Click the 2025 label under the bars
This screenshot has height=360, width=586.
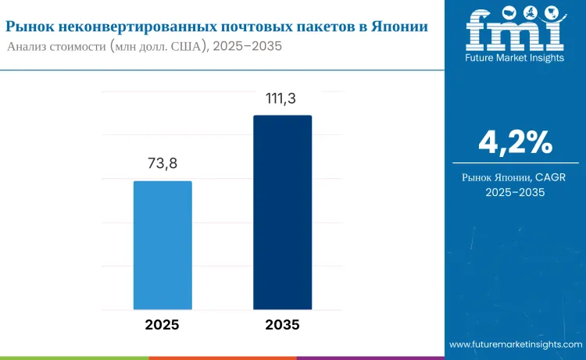tap(163, 324)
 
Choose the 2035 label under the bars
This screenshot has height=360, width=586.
tap(282, 324)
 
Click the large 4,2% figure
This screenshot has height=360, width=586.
tap(515, 142)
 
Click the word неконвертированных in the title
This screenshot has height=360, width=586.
tap(126, 26)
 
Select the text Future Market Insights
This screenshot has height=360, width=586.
tap(514, 58)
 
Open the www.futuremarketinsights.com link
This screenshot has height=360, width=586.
tap(515, 344)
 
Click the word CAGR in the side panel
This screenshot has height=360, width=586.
tap(550, 178)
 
